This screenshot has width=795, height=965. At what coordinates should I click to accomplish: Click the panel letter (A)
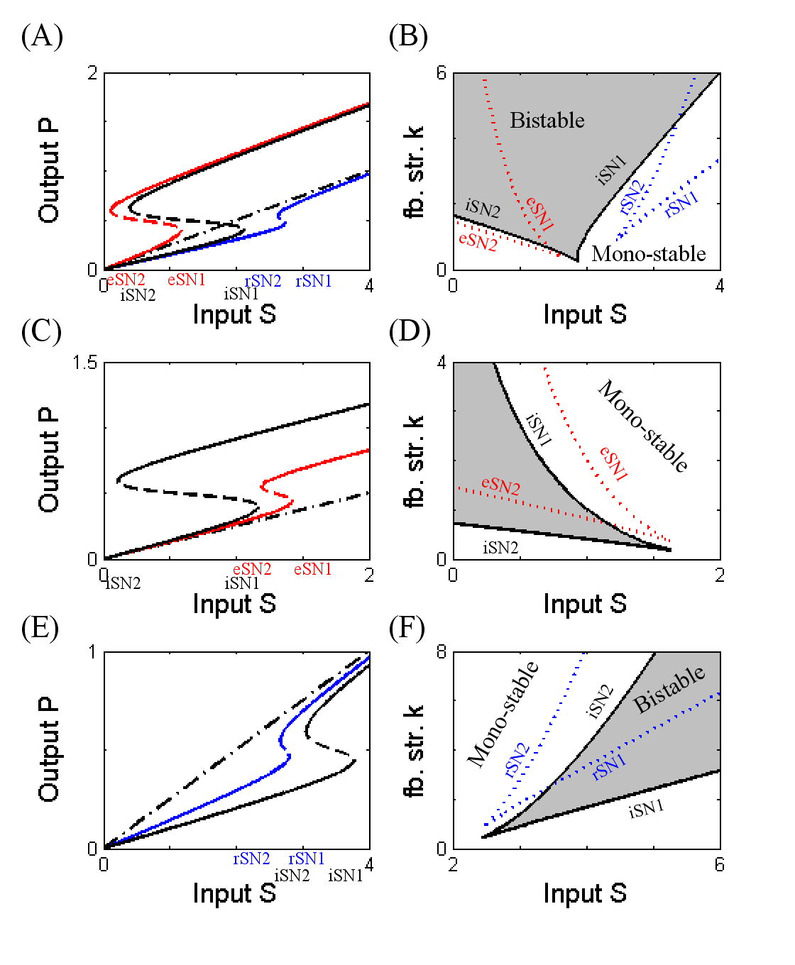point(42,36)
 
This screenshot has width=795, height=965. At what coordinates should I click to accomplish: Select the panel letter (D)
point(410,331)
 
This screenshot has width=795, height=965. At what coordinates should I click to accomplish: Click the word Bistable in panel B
point(547,120)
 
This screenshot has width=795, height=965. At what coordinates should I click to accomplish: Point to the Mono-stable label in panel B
point(649,253)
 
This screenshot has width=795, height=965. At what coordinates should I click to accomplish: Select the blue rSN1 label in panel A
point(314,282)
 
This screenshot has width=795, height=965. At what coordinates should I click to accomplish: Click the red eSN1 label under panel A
point(187,280)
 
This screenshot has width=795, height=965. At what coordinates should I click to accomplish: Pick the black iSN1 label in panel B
point(612,170)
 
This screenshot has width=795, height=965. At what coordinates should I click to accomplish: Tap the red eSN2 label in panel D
point(500,486)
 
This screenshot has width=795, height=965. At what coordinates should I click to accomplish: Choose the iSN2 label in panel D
point(500,548)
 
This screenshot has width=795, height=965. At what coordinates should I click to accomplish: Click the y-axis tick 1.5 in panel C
point(84,363)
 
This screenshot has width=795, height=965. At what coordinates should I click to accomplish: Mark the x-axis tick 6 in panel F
point(719,864)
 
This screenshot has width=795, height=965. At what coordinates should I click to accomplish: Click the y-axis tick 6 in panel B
point(442,73)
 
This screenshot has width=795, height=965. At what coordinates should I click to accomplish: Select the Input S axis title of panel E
point(234,893)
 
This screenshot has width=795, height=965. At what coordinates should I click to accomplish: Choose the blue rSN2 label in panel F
point(517,761)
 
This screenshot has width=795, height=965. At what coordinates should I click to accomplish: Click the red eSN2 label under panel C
point(252,569)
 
